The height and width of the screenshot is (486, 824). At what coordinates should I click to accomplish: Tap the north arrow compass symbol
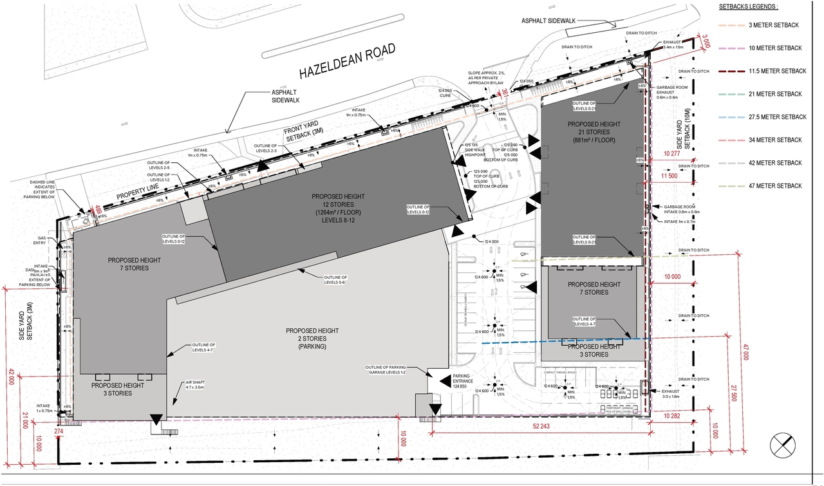[785, 445]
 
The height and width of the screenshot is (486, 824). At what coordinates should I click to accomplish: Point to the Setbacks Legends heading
[749, 6]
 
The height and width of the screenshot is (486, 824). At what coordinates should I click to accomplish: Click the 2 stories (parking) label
[312, 339]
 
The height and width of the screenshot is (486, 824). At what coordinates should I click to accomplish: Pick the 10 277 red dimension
[671, 153]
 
